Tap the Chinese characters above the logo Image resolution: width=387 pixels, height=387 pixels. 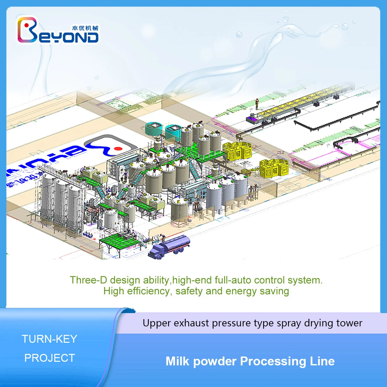[x=85, y=28]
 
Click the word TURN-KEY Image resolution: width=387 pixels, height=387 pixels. [x=49, y=339]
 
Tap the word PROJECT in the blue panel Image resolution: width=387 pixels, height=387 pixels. [x=49, y=358]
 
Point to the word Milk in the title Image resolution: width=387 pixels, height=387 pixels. [x=178, y=361]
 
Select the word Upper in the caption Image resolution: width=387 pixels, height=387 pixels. [x=157, y=323]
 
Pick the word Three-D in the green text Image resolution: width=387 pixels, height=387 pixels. [x=88, y=280]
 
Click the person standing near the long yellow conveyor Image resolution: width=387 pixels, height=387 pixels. [x=257, y=103]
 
